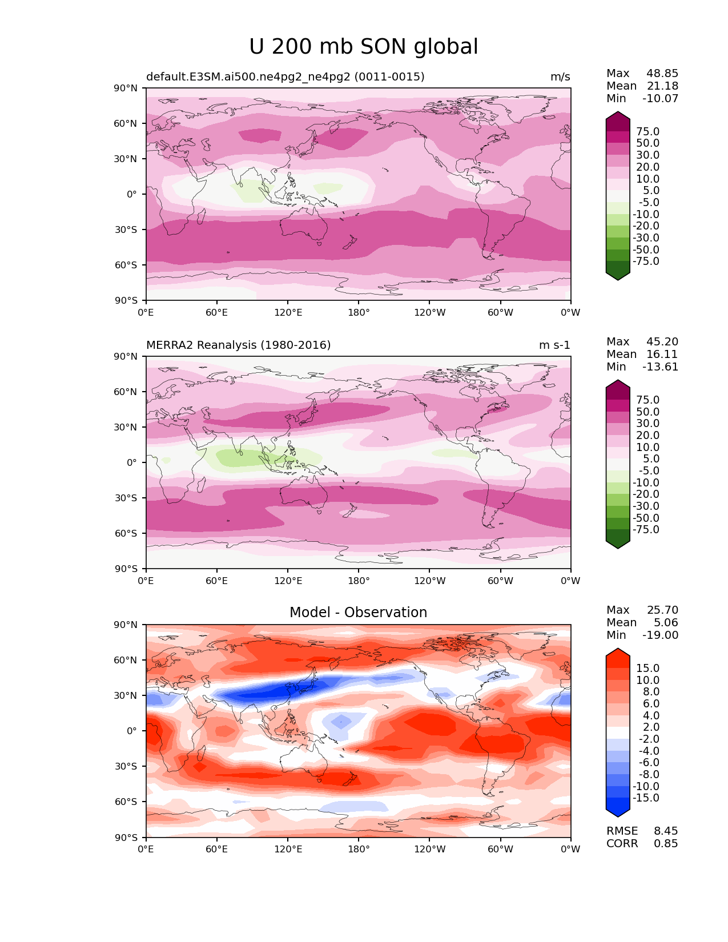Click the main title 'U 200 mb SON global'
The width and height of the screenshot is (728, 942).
pyautogui.click(x=363, y=46)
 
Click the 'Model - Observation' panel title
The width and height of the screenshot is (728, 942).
pyautogui.click(x=358, y=612)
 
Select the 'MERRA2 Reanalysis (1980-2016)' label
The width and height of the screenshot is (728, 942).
pyautogui.click(x=239, y=345)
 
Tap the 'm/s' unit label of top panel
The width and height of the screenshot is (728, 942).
pyautogui.click(x=560, y=77)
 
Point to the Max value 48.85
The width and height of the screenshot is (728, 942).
pyautogui.click(x=662, y=73)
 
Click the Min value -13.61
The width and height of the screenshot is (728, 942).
pyautogui.click(x=660, y=367)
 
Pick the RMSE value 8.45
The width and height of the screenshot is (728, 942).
pyautogui.click(x=666, y=831)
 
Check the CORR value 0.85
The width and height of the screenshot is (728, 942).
pyautogui.click(x=666, y=843)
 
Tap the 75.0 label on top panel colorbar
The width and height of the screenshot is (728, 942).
pyautogui.click(x=648, y=131)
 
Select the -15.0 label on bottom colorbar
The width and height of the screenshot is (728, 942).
pyautogui.click(x=646, y=798)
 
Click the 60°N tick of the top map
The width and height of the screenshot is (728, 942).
pyautogui.click(x=125, y=123)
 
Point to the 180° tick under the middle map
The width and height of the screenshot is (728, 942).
pyautogui.click(x=359, y=581)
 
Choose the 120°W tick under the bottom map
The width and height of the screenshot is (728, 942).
pyautogui.click(x=430, y=849)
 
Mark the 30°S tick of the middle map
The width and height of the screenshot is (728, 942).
pyautogui.click(x=126, y=498)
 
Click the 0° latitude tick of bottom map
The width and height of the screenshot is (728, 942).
pyautogui.click(x=132, y=731)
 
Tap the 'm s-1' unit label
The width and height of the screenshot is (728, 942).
pyautogui.click(x=554, y=345)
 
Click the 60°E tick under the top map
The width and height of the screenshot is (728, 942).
pyautogui.click(x=217, y=312)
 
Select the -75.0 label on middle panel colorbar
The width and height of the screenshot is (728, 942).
pyautogui.click(x=646, y=529)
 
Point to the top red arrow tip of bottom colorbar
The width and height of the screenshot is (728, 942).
pyautogui.click(x=617, y=649)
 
